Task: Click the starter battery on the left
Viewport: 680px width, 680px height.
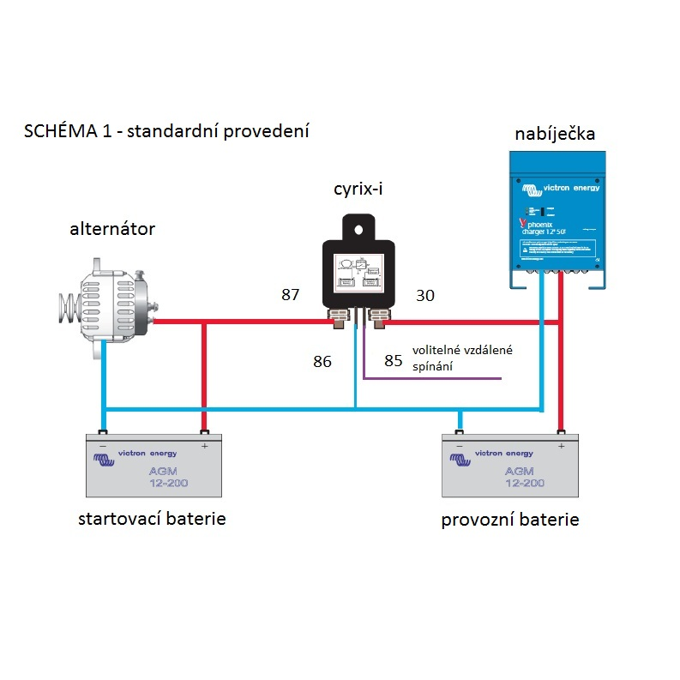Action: point(153,465)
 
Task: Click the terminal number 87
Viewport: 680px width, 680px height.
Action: point(291,295)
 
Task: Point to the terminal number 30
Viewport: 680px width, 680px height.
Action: point(425,296)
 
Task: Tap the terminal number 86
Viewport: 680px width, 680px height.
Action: point(322,361)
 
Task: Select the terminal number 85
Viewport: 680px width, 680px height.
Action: point(394,361)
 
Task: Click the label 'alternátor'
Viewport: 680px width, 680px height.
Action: point(112,229)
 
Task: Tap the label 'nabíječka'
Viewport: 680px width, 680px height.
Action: point(555,134)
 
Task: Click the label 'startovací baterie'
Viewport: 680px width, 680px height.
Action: point(152,519)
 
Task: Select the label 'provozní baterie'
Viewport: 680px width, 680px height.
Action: point(510,520)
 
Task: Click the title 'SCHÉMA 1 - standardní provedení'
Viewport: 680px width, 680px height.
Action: point(166,131)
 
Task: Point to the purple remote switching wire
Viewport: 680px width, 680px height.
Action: point(429,377)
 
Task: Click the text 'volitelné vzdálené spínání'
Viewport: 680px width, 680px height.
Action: point(462,358)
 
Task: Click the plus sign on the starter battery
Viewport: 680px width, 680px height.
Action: point(204,446)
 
